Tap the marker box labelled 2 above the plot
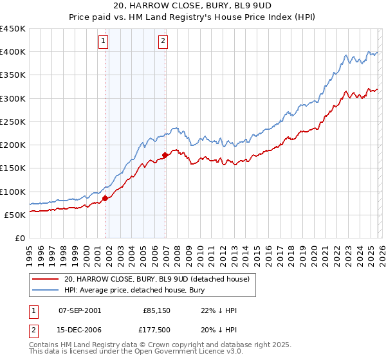(x=163, y=41)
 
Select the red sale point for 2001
(x=105, y=199)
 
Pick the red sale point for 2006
(x=165, y=155)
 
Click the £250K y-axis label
(x=13, y=122)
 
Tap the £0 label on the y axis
(x=19, y=238)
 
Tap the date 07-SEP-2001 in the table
(x=80, y=310)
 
